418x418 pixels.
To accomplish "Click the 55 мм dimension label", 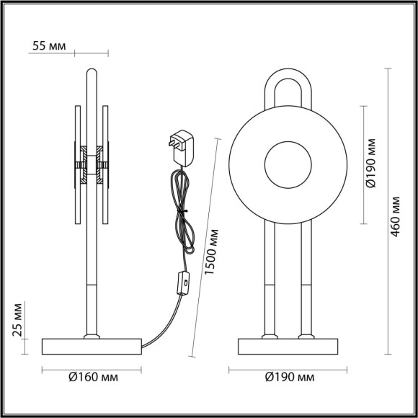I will pos(49,46).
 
